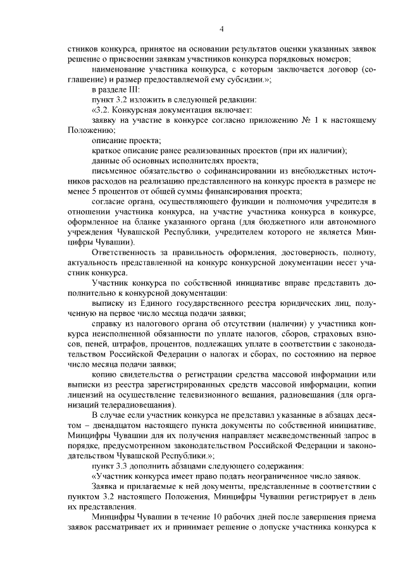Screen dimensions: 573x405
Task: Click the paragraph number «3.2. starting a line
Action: (x=103, y=110)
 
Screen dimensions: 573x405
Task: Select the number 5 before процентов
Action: (x=90, y=190)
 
